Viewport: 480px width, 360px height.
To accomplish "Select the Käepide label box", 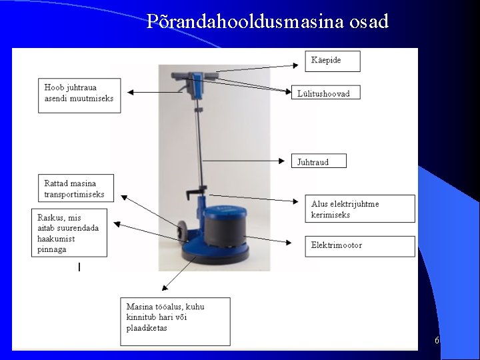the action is click(332, 61).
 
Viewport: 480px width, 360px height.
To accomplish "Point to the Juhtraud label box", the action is click(319, 161).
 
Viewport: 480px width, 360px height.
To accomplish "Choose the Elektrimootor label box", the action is click(359, 245).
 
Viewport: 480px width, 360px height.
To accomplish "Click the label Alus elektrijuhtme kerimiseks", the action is click(359, 209).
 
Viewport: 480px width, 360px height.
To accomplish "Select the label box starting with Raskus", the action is click(69, 233).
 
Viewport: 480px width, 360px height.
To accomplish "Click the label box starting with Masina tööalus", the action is click(175, 321).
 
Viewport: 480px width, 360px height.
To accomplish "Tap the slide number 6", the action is click(437, 341).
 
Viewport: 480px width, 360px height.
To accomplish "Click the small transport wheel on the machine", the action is click(181, 231).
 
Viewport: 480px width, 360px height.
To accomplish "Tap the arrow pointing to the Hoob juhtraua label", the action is click(153, 92).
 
